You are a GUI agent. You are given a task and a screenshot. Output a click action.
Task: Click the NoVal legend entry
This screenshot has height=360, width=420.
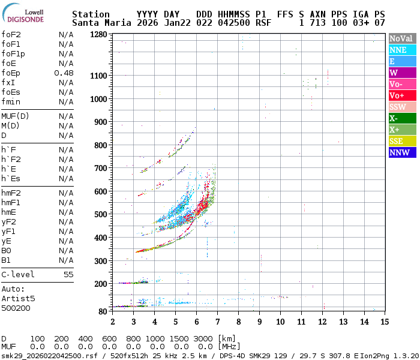pyautogui.click(x=401, y=38)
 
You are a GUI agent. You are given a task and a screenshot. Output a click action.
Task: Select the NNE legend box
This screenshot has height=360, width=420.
pyautogui.click(x=401, y=50)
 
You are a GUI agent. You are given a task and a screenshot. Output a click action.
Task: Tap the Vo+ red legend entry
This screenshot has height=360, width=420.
pyautogui.click(x=401, y=95)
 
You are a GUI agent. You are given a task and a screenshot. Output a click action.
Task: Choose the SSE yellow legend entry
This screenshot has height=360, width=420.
pyautogui.click(x=401, y=141)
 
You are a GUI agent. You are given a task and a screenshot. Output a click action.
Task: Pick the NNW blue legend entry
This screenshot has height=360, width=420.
pyautogui.click(x=401, y=152)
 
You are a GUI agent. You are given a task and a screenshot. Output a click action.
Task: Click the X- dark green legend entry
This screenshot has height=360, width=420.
pyautogui.click(x=401, y=118)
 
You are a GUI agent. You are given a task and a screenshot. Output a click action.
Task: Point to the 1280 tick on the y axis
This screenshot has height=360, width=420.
pyautogui.click(x=98, y=34)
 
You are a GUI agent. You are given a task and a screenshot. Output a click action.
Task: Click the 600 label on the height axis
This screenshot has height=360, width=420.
pyautogui.click(x=101, y=191)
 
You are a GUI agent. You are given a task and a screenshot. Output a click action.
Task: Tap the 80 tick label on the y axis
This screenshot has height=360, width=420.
pyautogui.click(x=103, y=311)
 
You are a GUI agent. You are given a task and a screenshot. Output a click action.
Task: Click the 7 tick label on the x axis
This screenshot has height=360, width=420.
pyautogui.click(x=217, y=322)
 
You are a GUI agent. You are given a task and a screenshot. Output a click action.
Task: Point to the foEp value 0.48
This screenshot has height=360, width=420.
pyautogui.click(x=64, y=73)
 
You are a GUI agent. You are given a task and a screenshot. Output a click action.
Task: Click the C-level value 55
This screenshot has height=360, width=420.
pyautogui.click(x=68, y=274)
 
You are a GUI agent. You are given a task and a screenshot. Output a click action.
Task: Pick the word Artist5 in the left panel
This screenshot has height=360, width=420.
pyautogui.click(x=18, y=298)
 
